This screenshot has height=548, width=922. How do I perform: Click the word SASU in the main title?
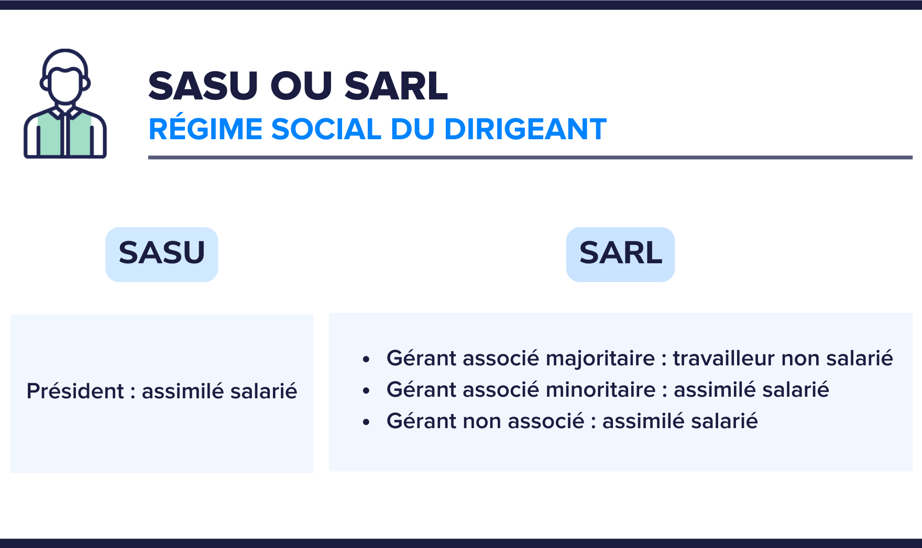[x=203, y=86]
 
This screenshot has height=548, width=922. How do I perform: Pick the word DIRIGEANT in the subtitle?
[x=525, y=129]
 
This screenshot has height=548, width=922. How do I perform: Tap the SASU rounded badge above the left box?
[x=161, y=254]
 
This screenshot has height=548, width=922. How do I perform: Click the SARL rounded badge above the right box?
[x=620, y=254]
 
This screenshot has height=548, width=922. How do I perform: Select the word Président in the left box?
[x=75, y=392]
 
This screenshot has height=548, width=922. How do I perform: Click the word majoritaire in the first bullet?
[x=600, y=359]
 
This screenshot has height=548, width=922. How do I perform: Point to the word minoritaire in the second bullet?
[x=601, y=390]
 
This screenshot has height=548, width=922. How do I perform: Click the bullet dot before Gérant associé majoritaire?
[x=366, y=360]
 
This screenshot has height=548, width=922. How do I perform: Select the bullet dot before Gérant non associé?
[x=366, y=422]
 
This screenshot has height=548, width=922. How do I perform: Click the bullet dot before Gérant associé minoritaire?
[x=366, y=391]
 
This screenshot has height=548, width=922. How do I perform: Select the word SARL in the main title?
[x=396, y=86]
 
